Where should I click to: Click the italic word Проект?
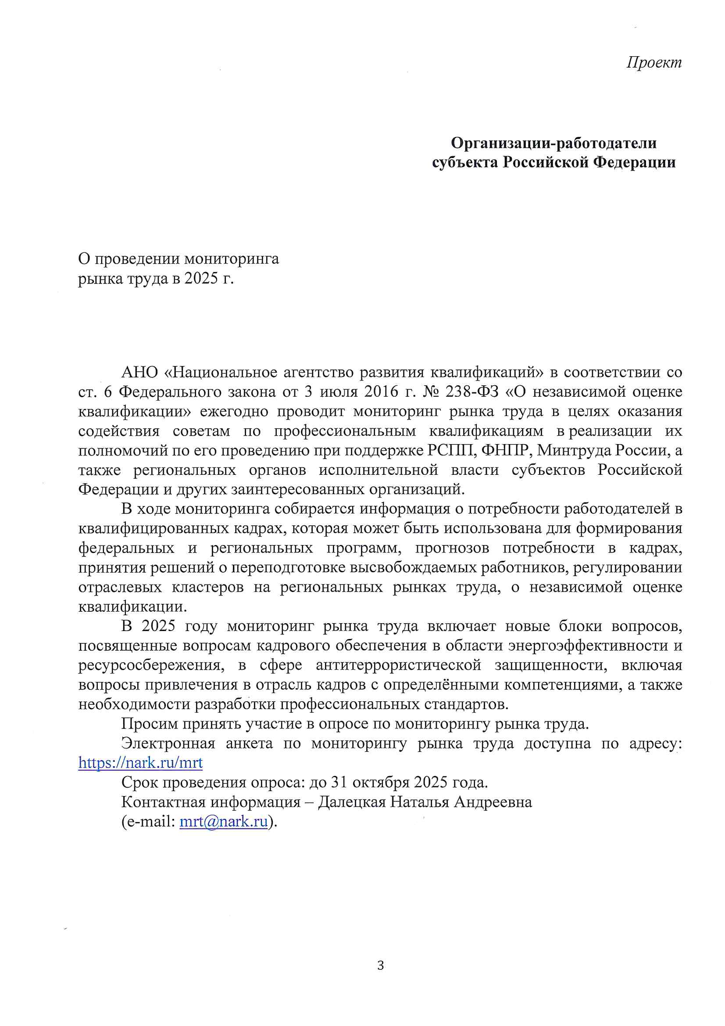(x=654, y=62)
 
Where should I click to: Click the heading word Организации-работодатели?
(x=554, y=143)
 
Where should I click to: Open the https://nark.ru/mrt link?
(x=140, y=762)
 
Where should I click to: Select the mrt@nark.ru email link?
(x=223, y=822)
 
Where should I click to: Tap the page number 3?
(x=380, y=966)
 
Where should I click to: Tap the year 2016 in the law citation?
(x=381, y=391)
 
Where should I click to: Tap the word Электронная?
(x=168, y=743)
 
